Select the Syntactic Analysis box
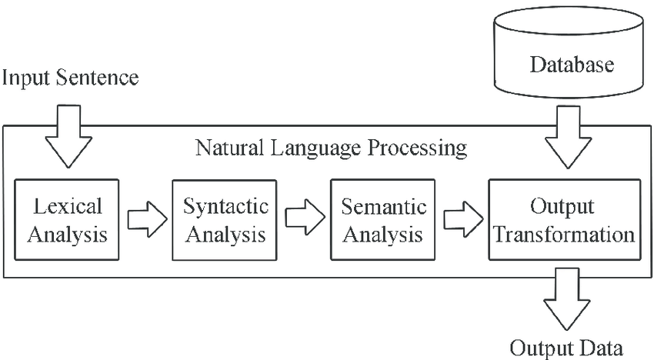(225, 219)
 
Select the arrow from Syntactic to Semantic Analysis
(305, 219)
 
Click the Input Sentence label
(71, 78)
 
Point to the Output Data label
(567, 347)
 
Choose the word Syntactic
(225, 207)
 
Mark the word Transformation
(564, 233)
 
